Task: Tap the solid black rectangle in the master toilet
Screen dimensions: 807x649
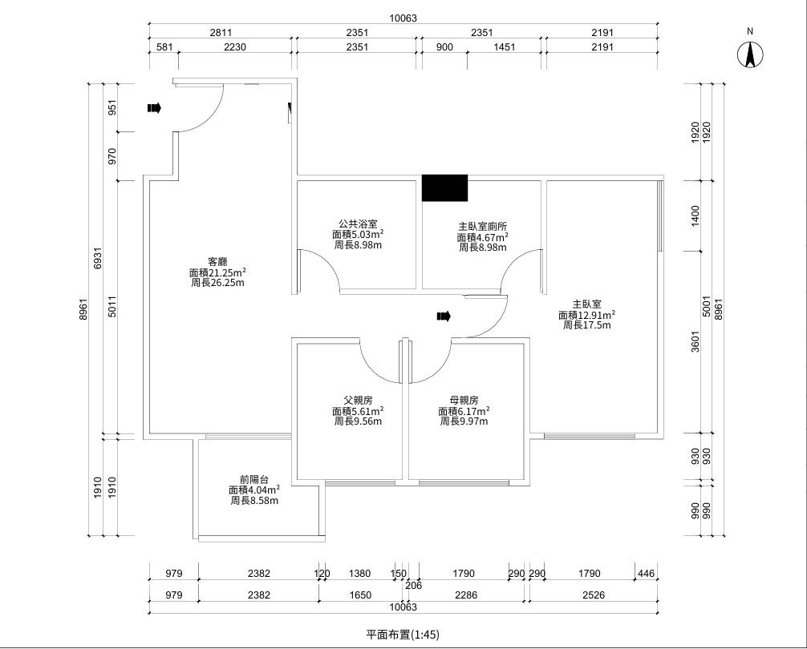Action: click(444, 187)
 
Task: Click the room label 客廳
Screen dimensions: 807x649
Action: click(217, 261)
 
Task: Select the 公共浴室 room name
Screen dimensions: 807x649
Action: click(358, 224)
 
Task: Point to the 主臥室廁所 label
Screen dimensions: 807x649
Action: click(483, 226)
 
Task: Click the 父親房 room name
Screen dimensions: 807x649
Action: click(359, 401)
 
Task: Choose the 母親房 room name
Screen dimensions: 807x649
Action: click(464, 401)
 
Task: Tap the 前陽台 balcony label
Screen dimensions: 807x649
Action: click(254, 479)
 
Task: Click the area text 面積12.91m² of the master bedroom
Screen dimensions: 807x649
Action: click(586, 315)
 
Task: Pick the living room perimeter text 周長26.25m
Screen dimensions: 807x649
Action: click(217, 283)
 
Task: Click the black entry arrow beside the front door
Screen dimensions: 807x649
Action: click(154, 108)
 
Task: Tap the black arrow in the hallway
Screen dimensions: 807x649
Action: click(444, 316)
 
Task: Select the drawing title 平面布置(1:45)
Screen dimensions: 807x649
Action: click(403, 635)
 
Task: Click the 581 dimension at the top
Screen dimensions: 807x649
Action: click(164, 47)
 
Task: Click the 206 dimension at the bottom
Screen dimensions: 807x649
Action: click(413, 585)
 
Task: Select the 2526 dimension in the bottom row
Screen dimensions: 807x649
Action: click(594, 595)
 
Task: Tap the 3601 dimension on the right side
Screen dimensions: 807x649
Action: click(695, 341)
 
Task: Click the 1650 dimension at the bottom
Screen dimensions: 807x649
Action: click(360, 595)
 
